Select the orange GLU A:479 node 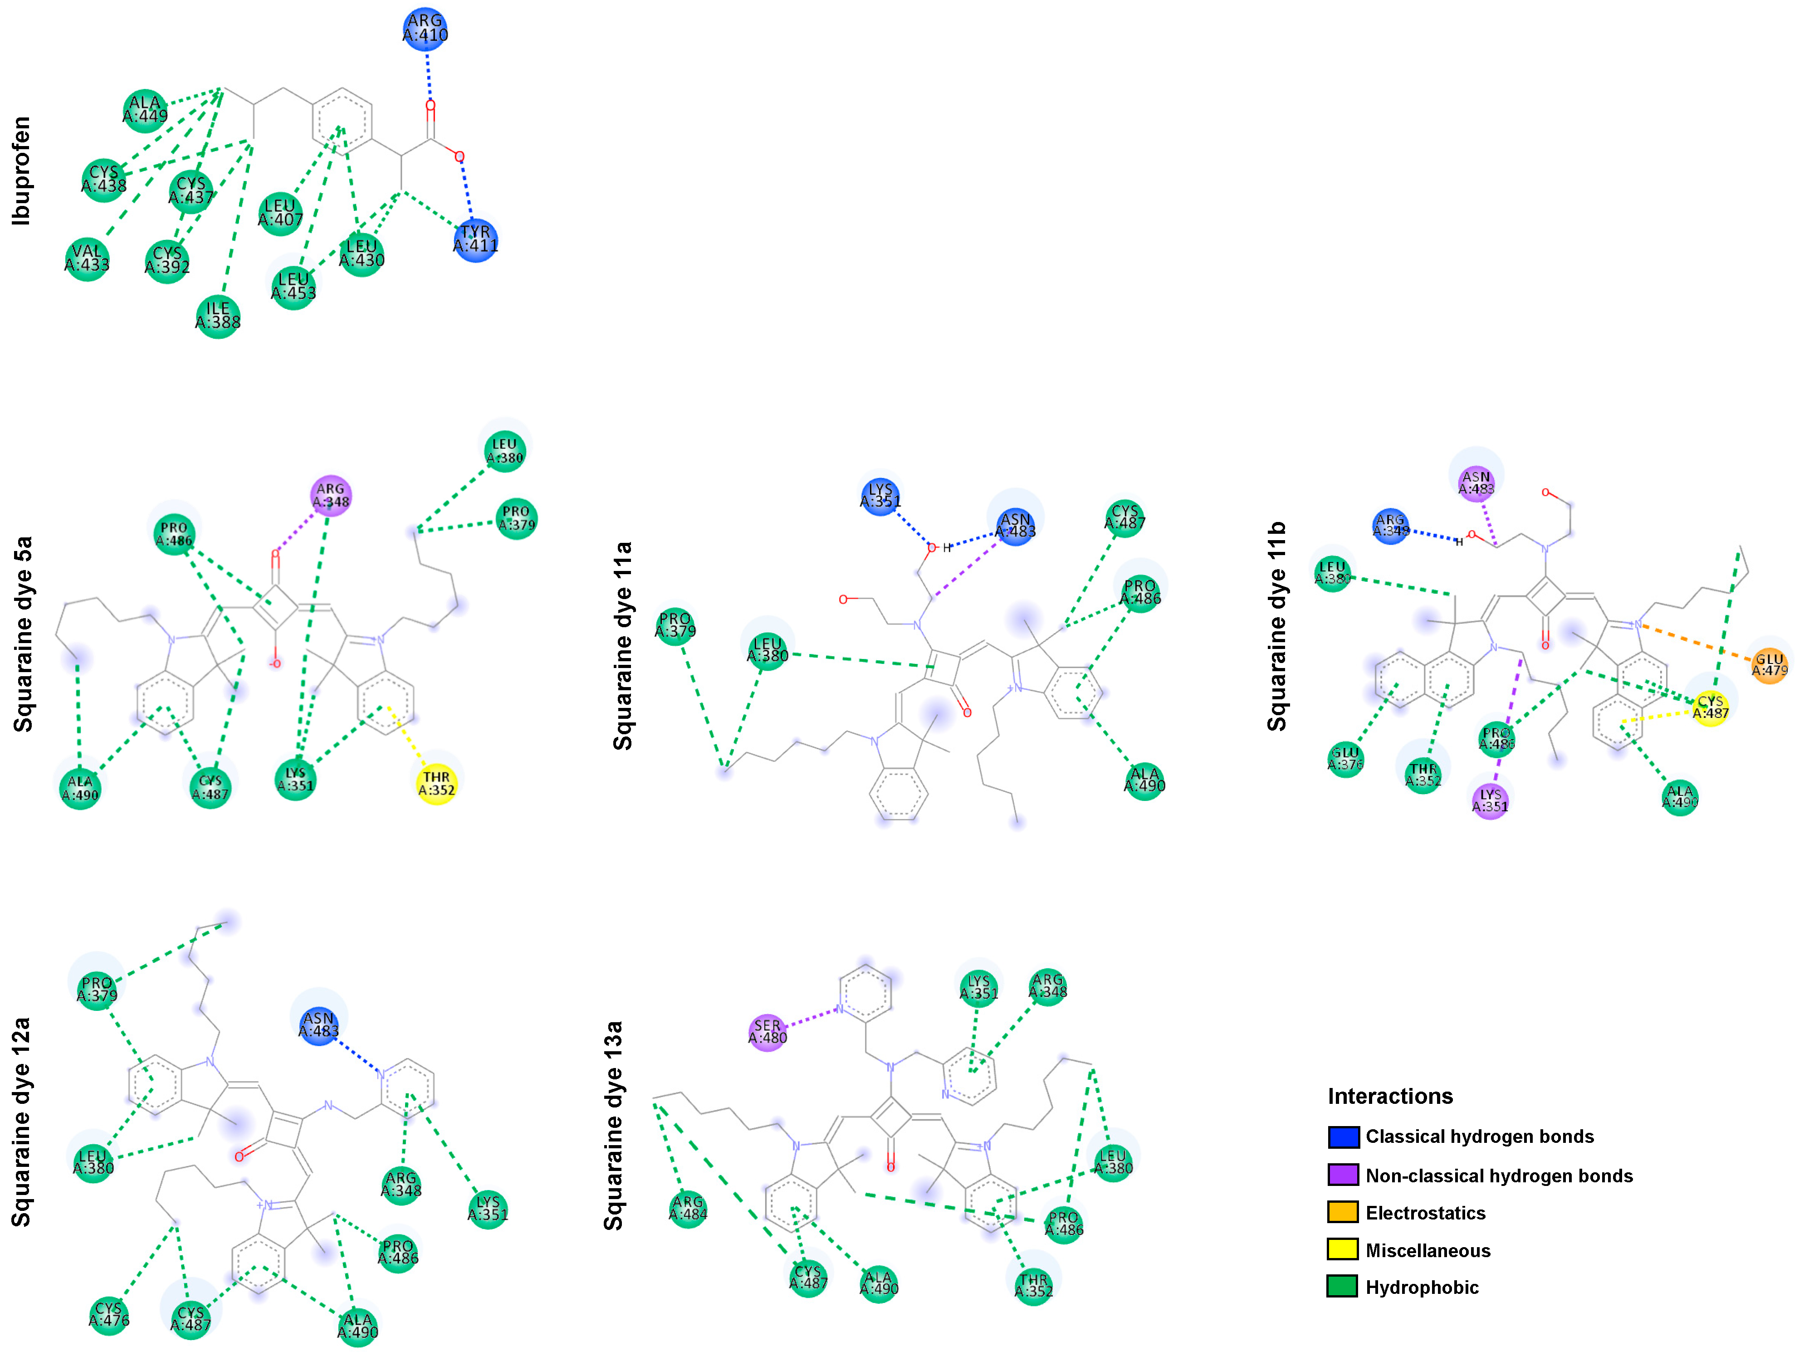click(1769, 665)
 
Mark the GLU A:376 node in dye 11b click(1345, 758)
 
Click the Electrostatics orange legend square click(1343, 1212)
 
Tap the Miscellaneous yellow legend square click(1343, 1249)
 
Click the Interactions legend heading click(1390, 1096)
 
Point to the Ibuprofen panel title click(21, 171)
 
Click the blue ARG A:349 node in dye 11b click(1391, 525)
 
